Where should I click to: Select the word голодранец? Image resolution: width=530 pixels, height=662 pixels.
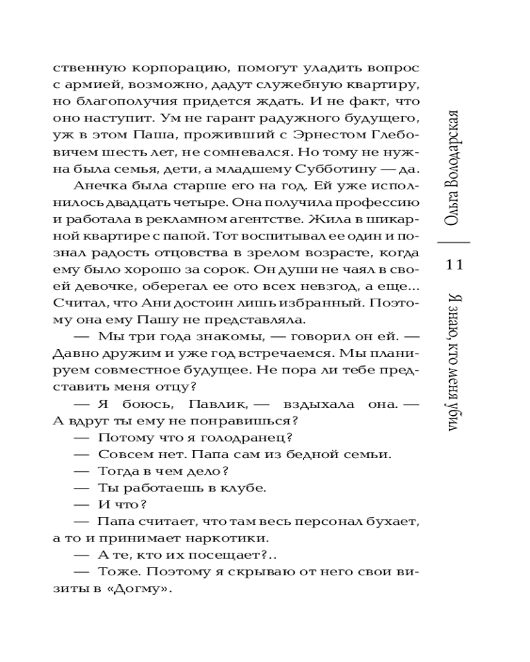[256, 438]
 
